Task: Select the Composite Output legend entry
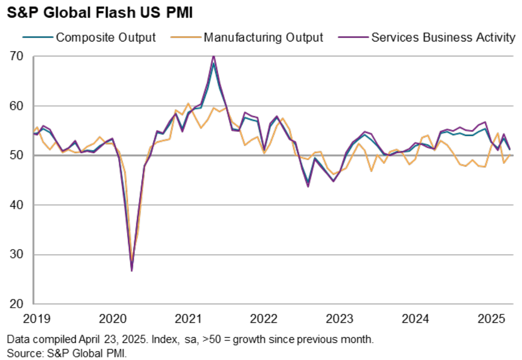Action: tap(106, 38)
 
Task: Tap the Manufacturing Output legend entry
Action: tap(263, 38)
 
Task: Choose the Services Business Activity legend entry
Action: tap(443, 38)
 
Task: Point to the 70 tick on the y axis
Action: tap(19, 56)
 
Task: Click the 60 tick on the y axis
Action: tap(19, 106)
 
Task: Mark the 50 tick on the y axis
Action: tap(19, 155)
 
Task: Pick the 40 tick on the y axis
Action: tap(19, 205)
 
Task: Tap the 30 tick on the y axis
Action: tap(19, 254)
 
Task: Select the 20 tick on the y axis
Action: tap(19, 304)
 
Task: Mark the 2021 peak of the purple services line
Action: tap(213, 56)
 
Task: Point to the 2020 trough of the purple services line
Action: tap(131, 270)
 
